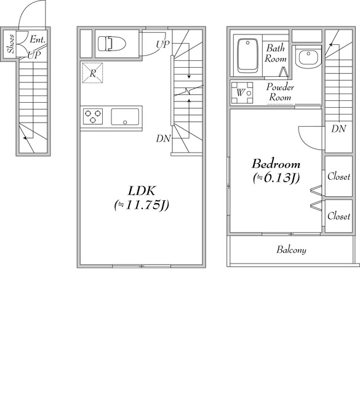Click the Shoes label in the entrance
(10, 44)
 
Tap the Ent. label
(38, 39)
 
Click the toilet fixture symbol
(112, 44)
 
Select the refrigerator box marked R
(93, 73)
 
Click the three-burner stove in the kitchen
(93, 116)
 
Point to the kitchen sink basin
(125, 117)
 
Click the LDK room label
(142, 191)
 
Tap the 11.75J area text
(142, 205)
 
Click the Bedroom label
(276, 164)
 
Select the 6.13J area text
(276, 178)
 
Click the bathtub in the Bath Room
(248, 55)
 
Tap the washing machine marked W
(242, 93)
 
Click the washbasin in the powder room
(308, 57)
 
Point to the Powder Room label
(280, 92)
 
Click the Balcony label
(291, 250)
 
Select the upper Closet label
(338, 177)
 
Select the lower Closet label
(338, 216)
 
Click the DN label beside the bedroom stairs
(338, 129)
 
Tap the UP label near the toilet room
(162, 45)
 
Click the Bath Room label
(276, 54)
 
